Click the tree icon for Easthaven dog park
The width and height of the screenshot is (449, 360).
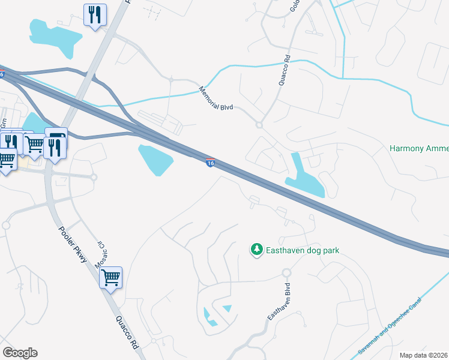tap(256, 248)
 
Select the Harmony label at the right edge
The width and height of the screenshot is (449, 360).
tap(418, 148)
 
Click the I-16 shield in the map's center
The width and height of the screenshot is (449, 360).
tap(210, 163)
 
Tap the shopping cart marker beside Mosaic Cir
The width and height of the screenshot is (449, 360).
tap(110, 278)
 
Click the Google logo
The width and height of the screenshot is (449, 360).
tap(20, 353)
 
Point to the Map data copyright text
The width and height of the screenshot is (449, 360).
tap(424, 355)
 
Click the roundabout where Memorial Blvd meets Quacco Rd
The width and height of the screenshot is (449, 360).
tap(259, 125)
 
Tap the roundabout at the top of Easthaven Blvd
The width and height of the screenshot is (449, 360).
tap(287, 273)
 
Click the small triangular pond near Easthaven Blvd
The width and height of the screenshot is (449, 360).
tap(227, 308)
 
